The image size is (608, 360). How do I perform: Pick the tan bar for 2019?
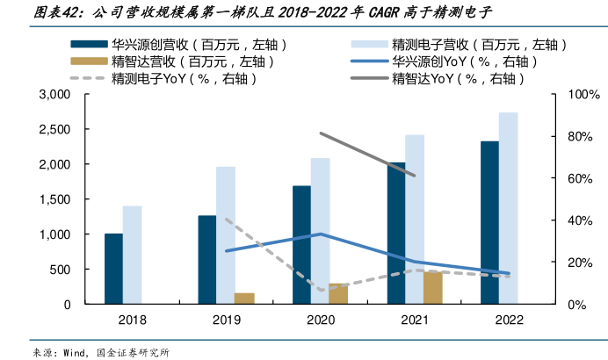tap(244, 299)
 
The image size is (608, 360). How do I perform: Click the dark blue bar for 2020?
tap(301, 245)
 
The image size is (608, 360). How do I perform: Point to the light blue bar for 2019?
tap(226, 235)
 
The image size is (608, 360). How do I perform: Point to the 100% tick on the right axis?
tap(583, 94)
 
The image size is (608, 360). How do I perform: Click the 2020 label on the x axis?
tap(320, 320)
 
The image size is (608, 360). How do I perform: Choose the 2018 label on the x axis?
tap(132, 320)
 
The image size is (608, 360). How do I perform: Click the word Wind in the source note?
tap(73, 352)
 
